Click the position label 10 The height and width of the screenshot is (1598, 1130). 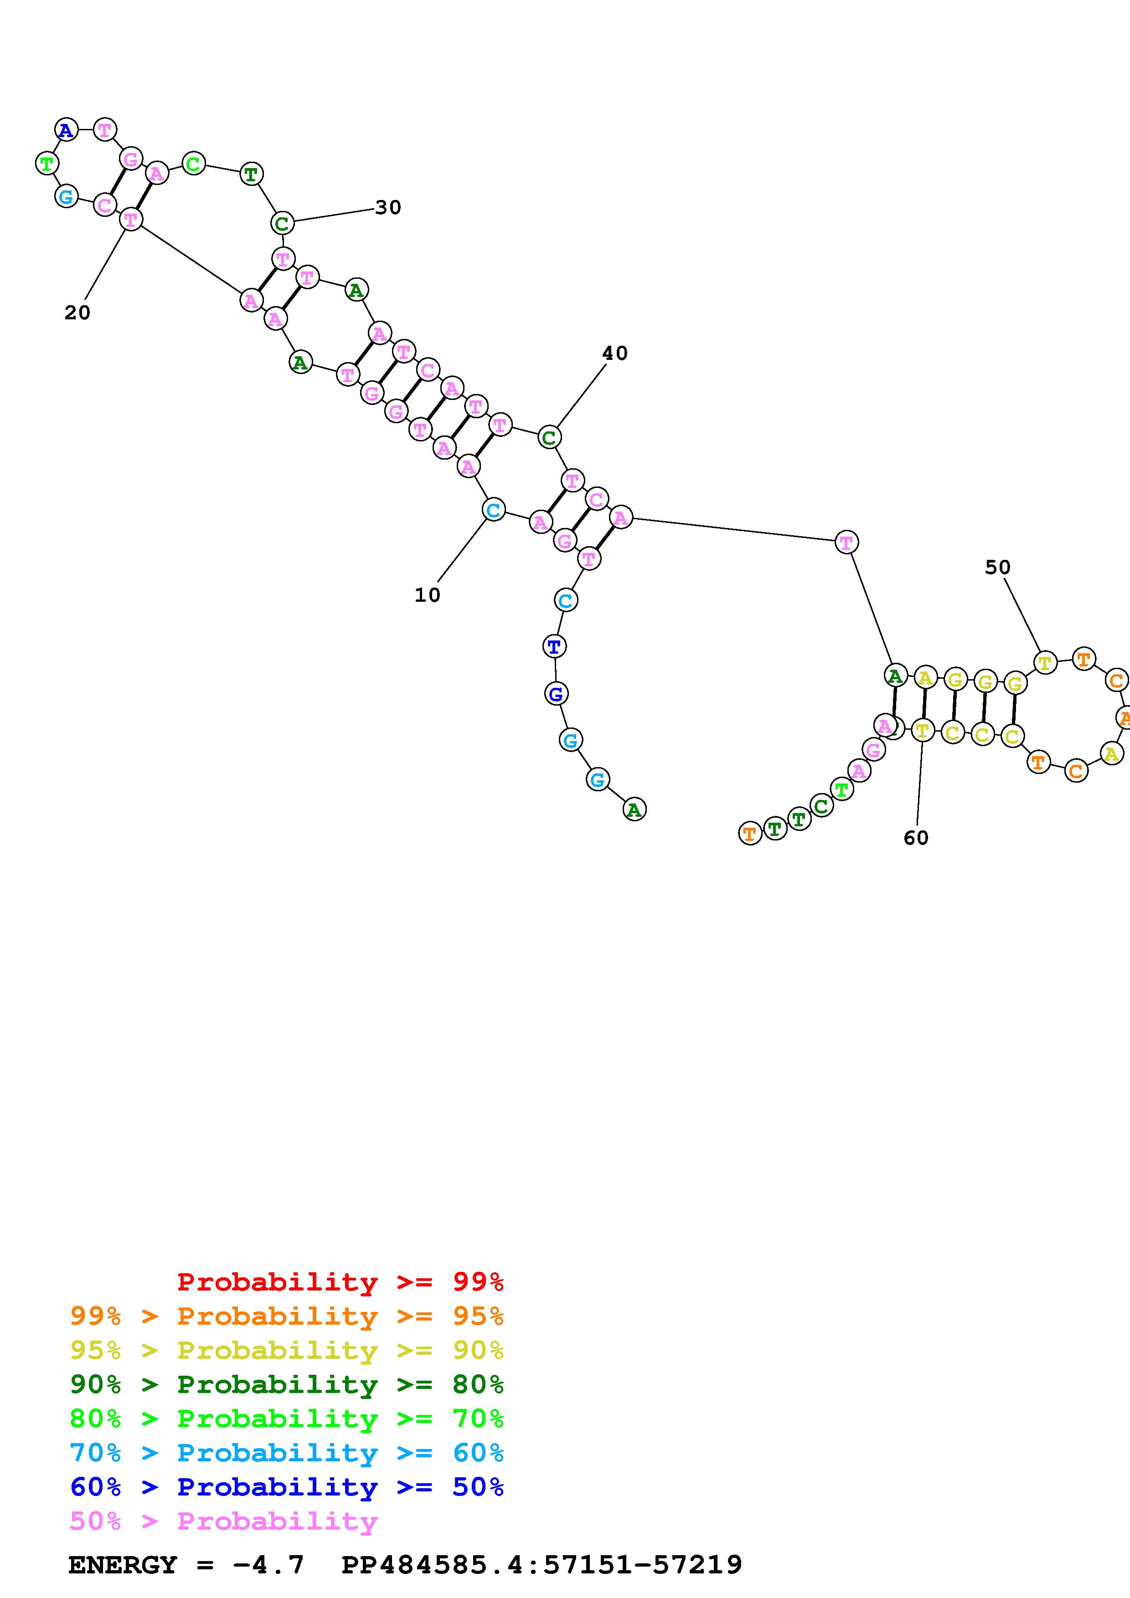428,595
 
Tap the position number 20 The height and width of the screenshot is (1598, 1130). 77,313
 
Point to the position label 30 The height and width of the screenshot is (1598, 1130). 388,207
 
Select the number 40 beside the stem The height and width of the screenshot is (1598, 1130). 615,353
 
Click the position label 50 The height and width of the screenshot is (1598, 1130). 997,568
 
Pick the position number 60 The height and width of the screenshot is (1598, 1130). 916,838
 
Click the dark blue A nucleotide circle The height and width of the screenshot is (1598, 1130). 66,129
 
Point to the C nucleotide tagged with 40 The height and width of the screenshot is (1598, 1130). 549,437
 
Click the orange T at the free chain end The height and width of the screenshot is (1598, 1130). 749,833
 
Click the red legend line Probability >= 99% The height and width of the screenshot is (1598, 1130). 341,1281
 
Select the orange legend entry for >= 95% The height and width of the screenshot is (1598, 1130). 287,1316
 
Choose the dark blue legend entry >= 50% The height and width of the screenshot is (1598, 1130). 287,1487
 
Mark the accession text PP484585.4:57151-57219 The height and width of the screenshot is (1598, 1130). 542,1565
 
